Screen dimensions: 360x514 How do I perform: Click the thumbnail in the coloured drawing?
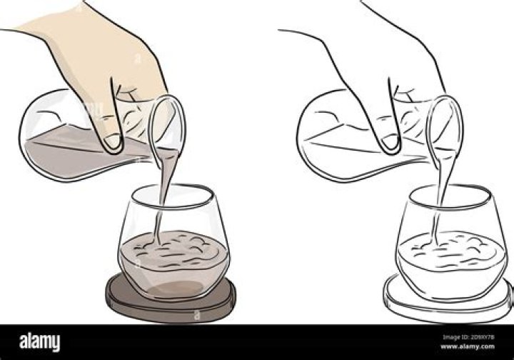click(x=112, y=141)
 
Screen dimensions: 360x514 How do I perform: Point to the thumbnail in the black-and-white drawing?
click(x=389, y=141)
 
